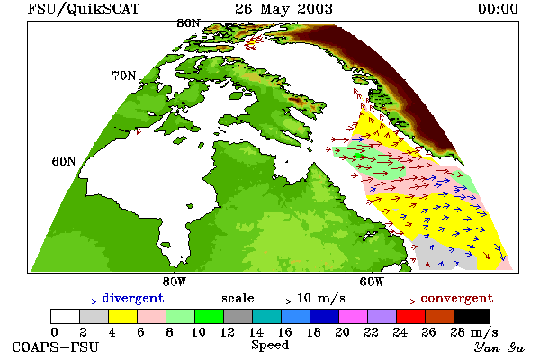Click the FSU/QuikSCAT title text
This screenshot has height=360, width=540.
tap(84, 9)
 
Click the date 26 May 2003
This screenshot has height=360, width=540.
tap(283, 9)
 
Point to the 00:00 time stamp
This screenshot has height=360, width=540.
tap(498, 9)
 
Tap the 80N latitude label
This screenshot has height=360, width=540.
tap(188, 23)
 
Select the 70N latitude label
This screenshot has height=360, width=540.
tap(124, 76)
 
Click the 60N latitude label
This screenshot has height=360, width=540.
tap(64, 161)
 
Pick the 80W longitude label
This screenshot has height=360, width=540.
tap(175, 282)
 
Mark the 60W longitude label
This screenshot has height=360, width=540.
tap(371, 282)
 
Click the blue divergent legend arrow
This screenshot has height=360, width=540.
tap(81, 301)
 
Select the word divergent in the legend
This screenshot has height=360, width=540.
tap(133, 298)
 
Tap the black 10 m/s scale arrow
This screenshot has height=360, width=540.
tap(275, 301)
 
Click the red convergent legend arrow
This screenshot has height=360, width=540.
tap(400, 301)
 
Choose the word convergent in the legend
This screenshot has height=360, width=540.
tap(457, 298)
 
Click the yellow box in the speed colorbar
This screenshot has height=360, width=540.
tap(123, 316)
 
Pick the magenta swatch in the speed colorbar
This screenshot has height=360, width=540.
tap(354, 316)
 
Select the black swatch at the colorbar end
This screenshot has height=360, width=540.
tap(472, 316)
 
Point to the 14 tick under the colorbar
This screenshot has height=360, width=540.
tap(256, 332)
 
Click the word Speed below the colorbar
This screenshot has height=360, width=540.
tap(270, 345)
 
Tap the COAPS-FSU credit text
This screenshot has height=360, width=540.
tap(56, 346)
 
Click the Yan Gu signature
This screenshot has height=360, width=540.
tap(499, 347)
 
